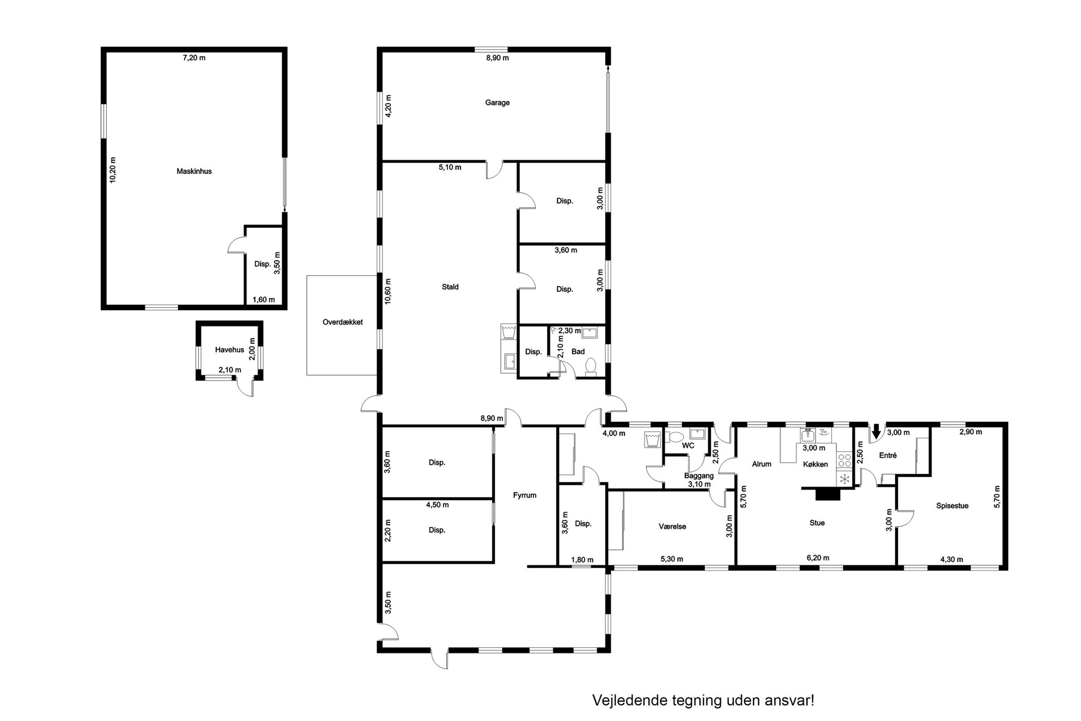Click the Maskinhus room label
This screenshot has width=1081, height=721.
pos(194,171)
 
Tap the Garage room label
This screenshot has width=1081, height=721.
pos(497,102)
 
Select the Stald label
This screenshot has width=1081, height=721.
pos(450,287)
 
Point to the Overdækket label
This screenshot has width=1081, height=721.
pos(343,322)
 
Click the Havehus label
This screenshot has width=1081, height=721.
pos(229,350)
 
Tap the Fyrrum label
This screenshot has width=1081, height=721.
pos(525,495)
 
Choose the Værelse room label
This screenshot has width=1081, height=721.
pos(672,526)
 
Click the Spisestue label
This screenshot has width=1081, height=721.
pos(952,506)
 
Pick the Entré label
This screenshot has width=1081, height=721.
pos(888,455)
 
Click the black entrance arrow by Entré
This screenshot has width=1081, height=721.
pos(876,432)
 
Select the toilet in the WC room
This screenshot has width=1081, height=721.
pos(676,437)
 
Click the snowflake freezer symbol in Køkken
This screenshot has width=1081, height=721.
pos(844,479)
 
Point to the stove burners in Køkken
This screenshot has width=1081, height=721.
pos(844,461)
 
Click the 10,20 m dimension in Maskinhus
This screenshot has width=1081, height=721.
pos(113,170)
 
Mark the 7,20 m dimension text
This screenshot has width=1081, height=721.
pos(194,58)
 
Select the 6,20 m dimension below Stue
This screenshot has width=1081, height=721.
pos(818,558)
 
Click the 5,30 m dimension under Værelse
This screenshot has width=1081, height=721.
pos(672,559)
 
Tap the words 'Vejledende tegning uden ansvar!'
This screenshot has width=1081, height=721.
pos(703,700)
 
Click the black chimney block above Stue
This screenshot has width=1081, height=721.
pos(828,494)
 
